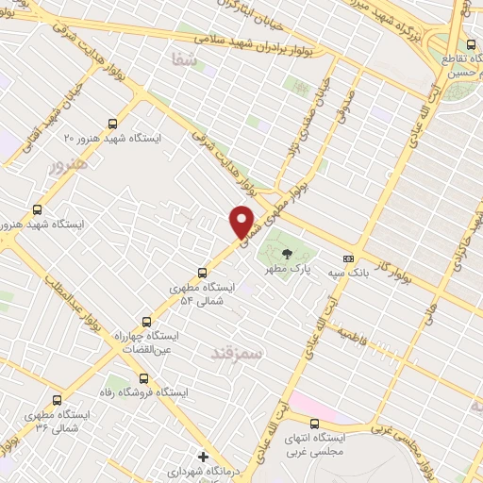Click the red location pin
pos(242,221)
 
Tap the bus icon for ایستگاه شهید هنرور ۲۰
pos(113,123)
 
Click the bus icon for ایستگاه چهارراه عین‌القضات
pos(145,321)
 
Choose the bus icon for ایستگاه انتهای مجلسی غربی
pos(314,424)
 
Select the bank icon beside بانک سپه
pos(348,258)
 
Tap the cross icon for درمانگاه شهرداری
pos(201,456)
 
